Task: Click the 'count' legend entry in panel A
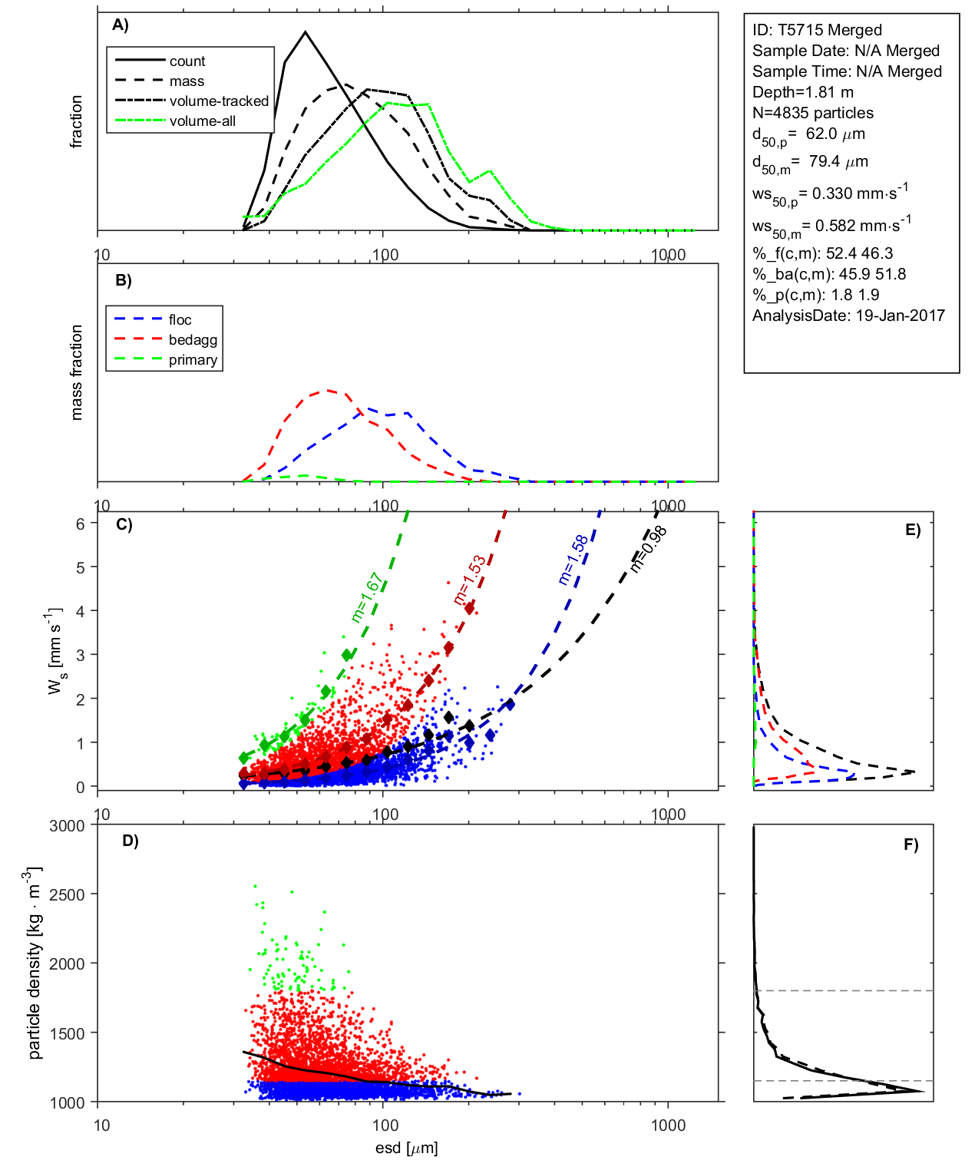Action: tap(187, 61)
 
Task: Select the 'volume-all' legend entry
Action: tap(202, 121)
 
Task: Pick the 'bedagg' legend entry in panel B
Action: tap(193, 340)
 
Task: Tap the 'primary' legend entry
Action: tap(193, 360)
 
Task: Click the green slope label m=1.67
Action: tap(367, 597)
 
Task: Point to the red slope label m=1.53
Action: tap(469, 580)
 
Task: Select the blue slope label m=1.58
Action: tap(573, 560)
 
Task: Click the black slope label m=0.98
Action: tap(649, 549)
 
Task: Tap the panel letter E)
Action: tap(912, 530)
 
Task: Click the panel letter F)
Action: tap(911, 844)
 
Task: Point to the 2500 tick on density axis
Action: tap(68, 894)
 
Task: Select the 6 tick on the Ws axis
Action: tap(81, 524)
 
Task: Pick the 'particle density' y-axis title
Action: tap(35, 963)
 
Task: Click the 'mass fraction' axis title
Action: tap(77, 372)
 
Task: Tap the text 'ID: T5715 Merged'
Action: tap(817, 31)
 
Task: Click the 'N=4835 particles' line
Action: tap(812, 113)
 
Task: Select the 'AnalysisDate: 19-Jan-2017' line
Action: tap(848, 316)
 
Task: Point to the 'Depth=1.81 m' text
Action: tap(802, 92)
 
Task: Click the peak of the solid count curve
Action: tap(306, 32)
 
